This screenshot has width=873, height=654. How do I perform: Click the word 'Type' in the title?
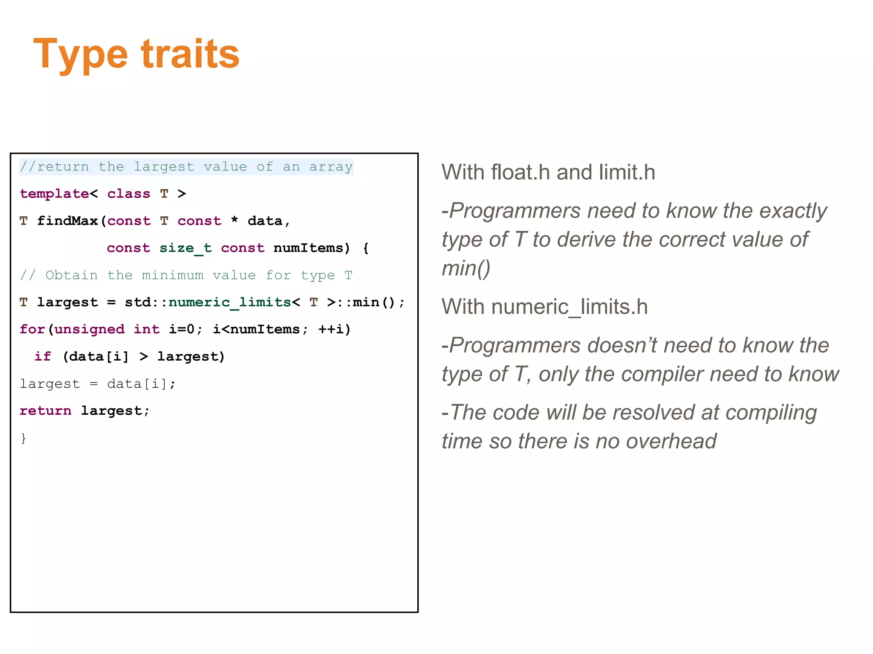tap(80, 54)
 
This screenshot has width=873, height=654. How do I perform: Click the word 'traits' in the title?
tap(190, 54)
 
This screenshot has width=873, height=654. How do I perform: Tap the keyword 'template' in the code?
tap(54, 194)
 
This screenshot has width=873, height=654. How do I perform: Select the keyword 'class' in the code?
tap(128, 194)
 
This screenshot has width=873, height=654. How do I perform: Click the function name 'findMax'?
tap(68, 221)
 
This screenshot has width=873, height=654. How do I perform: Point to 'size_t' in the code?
tap(185, 248)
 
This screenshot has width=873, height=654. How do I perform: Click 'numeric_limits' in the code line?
tap(230, 302)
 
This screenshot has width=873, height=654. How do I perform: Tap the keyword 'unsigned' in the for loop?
tap(90, 329)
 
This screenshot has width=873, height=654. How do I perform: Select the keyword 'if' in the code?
tap(43, 356)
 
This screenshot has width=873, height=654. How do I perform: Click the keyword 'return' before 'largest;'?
tap(45, 411)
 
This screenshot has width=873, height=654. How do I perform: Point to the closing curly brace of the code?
tap(23, 438)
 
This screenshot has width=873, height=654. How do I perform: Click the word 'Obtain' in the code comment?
tap(72, 275)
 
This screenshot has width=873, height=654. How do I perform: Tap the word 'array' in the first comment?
tap(331, 166)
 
